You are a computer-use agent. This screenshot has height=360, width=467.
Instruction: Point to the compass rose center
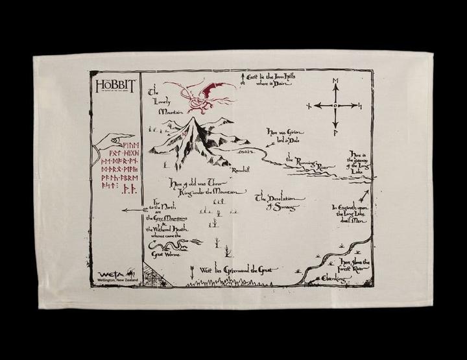335,105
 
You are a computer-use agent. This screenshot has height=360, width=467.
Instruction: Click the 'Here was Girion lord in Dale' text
284,134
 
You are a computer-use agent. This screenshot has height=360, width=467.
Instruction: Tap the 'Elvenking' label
337,278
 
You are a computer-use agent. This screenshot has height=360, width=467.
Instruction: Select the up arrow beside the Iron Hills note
244,77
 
